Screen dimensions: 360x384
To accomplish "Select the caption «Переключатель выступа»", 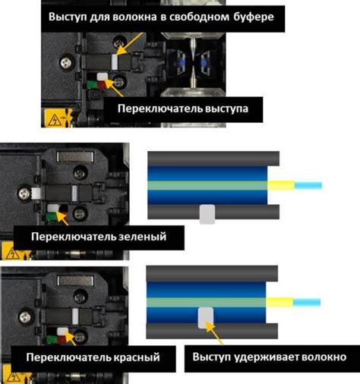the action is [x=183, y=109].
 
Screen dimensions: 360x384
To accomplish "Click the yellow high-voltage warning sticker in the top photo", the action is [x=56, y=118].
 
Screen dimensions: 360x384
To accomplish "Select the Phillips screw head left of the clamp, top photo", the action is [x=66, y=62].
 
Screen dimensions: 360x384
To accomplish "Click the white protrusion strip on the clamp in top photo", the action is [x=115, y=62].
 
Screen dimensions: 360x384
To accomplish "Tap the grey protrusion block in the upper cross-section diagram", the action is [x=207, y=214].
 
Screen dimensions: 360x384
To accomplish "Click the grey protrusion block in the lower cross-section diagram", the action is [x=205, y=318].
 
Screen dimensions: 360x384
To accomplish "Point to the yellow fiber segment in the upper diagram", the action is [x=281, y=186].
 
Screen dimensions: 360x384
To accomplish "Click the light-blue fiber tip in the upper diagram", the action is [x=308, y=185].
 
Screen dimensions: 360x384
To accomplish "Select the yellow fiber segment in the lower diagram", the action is [x=279, y=303].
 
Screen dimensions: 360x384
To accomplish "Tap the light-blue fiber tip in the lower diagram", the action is [x=307, y=302].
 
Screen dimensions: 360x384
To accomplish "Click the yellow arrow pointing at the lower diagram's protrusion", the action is [x=215, y=333].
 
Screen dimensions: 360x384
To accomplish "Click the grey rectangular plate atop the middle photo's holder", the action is [x=75, y=157].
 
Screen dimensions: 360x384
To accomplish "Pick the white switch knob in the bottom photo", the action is [x=62, y=332].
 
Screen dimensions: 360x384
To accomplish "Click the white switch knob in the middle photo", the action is [x=52, y=209].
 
